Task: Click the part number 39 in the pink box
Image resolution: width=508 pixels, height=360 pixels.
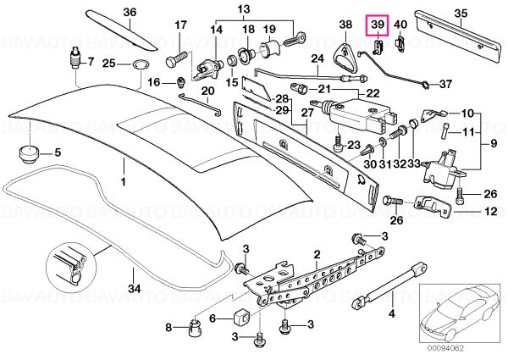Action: [x=377, y=25]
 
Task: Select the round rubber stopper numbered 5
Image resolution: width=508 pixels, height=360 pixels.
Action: [x=28, y=154]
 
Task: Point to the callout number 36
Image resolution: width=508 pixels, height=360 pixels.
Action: [x=130, y=13]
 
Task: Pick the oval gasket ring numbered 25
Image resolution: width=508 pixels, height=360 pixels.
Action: [x=140, y=64]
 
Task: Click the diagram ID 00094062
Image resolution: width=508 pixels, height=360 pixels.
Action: [x=445, y=349]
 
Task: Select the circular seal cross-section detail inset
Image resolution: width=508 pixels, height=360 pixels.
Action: [x=71, y=266]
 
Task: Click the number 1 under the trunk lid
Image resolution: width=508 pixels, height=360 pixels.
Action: [x=124, y=181]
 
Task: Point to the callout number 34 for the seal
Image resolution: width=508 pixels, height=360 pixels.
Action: [x=135, y=288]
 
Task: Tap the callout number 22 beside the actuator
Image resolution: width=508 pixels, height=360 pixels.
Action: [x=373, y=94]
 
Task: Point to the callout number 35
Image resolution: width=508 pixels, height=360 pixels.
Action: [x=461, y=14]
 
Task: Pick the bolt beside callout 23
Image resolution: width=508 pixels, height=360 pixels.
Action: [x=338, y=142]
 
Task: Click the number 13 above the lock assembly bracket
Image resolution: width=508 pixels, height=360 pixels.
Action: [x=244, y=8]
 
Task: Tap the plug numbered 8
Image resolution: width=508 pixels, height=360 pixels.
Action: [x=193, y=329]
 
